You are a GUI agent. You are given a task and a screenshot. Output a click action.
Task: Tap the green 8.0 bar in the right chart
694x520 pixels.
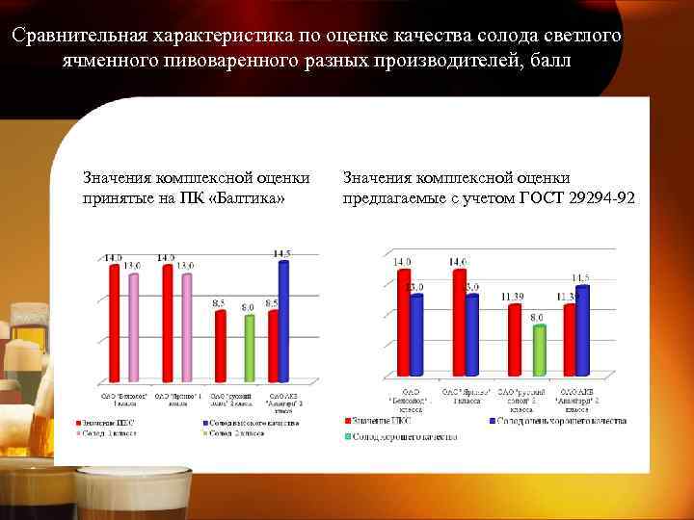tap(539, 350)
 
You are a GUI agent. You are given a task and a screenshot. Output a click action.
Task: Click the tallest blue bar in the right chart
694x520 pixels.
tap(581, 329)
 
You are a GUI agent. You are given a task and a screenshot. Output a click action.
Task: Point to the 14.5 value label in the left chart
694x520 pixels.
tap(282, 254)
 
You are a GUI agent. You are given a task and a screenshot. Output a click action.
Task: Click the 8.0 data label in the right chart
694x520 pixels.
tap(536, 317)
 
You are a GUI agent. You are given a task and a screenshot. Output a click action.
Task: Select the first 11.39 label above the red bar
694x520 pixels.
tap(513, 296)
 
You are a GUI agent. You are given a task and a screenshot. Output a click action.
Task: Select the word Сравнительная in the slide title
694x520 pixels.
tap(77, 37)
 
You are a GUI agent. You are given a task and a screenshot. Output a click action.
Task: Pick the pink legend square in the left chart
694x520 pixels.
tap(78, 434)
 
